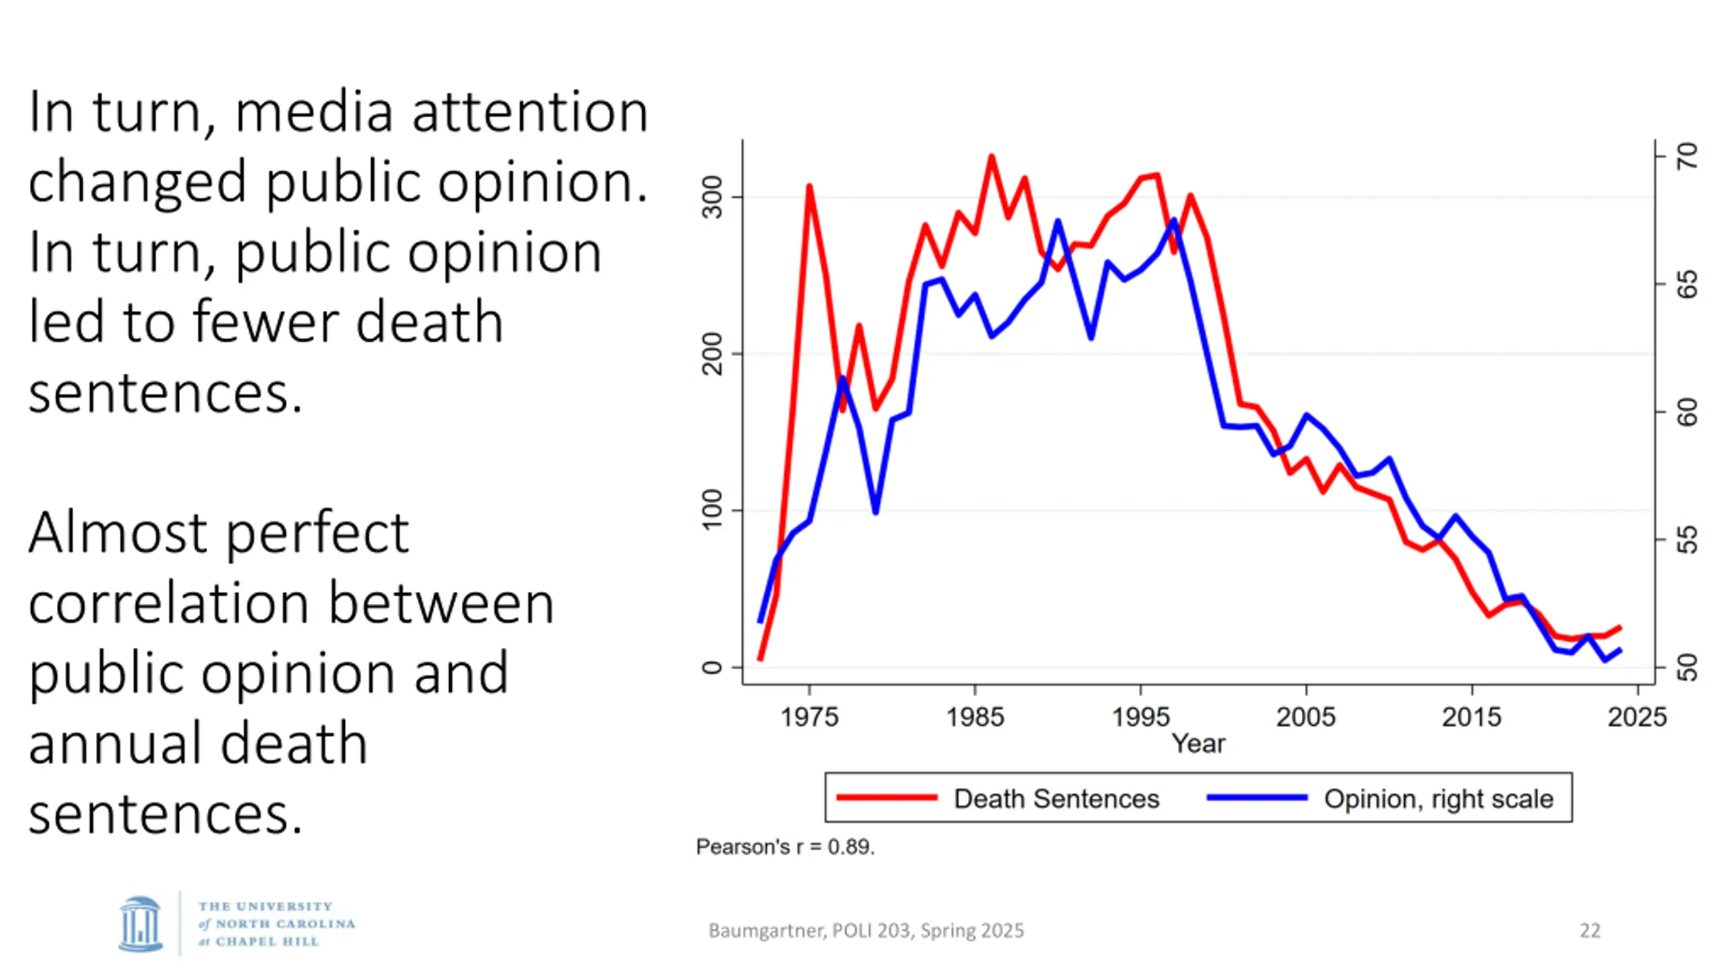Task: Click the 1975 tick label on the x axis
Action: pos(809,717)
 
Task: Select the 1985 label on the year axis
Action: pos(975,717)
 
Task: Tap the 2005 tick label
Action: pos(1305,717)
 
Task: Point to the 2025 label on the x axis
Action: pos(1636,717)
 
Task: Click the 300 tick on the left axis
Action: pos(713,198)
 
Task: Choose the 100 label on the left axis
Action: pos(713,511)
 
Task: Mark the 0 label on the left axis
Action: pos(713,668)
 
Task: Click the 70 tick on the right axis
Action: pos(1688,156)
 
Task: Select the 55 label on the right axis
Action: pos(1688,540)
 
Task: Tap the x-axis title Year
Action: pos(1198,744)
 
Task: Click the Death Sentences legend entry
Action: pos(1056,799)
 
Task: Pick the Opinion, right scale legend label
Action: pos(1438,799)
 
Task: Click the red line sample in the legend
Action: pos(887,798)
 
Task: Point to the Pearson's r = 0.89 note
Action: pos(785,847)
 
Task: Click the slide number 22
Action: pos(1590,931)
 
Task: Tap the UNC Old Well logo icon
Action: pos(141,924)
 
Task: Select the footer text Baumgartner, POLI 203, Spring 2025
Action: pos(866,931)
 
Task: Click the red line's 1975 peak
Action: pos(809,186)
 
